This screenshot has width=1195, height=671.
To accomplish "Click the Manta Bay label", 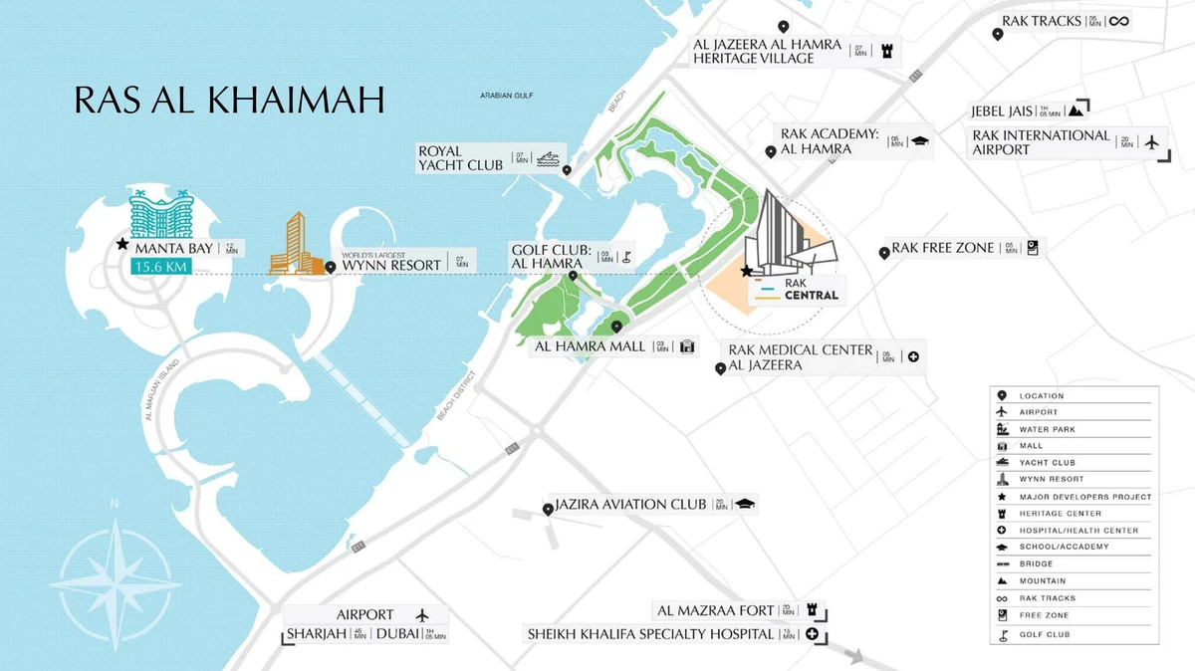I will click(174, 248).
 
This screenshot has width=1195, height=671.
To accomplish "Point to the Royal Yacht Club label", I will click(460, 157).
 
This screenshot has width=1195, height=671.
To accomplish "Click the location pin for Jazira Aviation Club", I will click(548, 510).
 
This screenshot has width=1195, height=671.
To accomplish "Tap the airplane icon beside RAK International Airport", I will click(1153, 142).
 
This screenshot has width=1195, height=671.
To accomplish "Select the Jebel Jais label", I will click(1002, 112).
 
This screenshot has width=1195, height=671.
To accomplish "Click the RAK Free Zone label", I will click(943, 248).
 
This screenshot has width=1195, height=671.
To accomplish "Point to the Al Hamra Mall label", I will click(590, 346).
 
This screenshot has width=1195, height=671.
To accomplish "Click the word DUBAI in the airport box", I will click(397, 634).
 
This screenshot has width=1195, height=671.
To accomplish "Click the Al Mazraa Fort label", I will click(715, 610).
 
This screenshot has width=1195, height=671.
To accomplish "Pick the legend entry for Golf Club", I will click(1044, 634).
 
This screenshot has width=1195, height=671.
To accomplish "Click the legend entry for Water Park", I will click(1047, 429).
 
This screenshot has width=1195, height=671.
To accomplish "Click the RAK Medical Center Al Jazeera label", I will click(800, 357).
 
